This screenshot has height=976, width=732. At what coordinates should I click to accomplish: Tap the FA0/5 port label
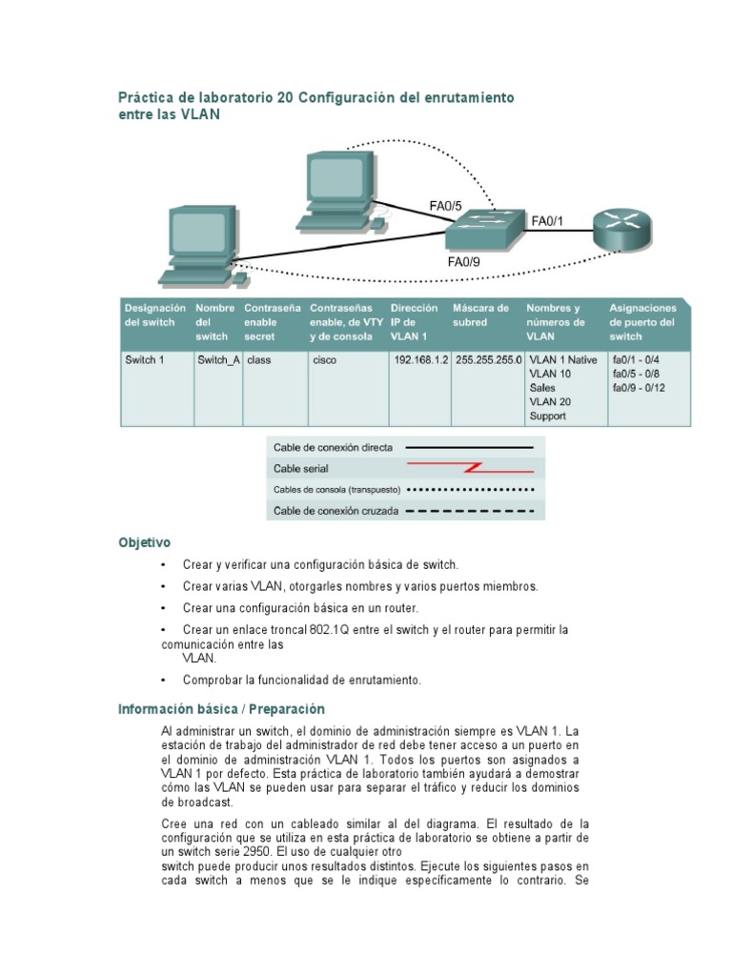coord(445,205)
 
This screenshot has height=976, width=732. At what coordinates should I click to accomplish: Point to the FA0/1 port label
coord(547,221)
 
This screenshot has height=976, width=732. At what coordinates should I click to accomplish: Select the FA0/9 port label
coord(464,260)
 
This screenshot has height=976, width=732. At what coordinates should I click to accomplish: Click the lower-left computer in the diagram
coord(201,246)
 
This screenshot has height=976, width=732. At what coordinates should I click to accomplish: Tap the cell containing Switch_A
coord(217,361)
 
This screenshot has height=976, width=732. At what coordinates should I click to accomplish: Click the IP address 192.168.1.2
coord(420,361)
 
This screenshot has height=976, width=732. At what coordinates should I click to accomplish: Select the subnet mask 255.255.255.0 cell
coord(489,361)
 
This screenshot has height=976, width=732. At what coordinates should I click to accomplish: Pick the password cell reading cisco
coord(324,361)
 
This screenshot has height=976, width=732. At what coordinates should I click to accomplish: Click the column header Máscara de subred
coord(481,315)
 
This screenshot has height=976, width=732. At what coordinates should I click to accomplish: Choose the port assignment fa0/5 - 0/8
coord(639,375)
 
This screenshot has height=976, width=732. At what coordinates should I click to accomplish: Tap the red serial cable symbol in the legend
coord(471,467)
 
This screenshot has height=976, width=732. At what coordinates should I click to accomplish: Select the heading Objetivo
coord(144,542)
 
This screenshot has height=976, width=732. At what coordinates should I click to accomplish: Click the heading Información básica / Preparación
coord(221,709)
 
